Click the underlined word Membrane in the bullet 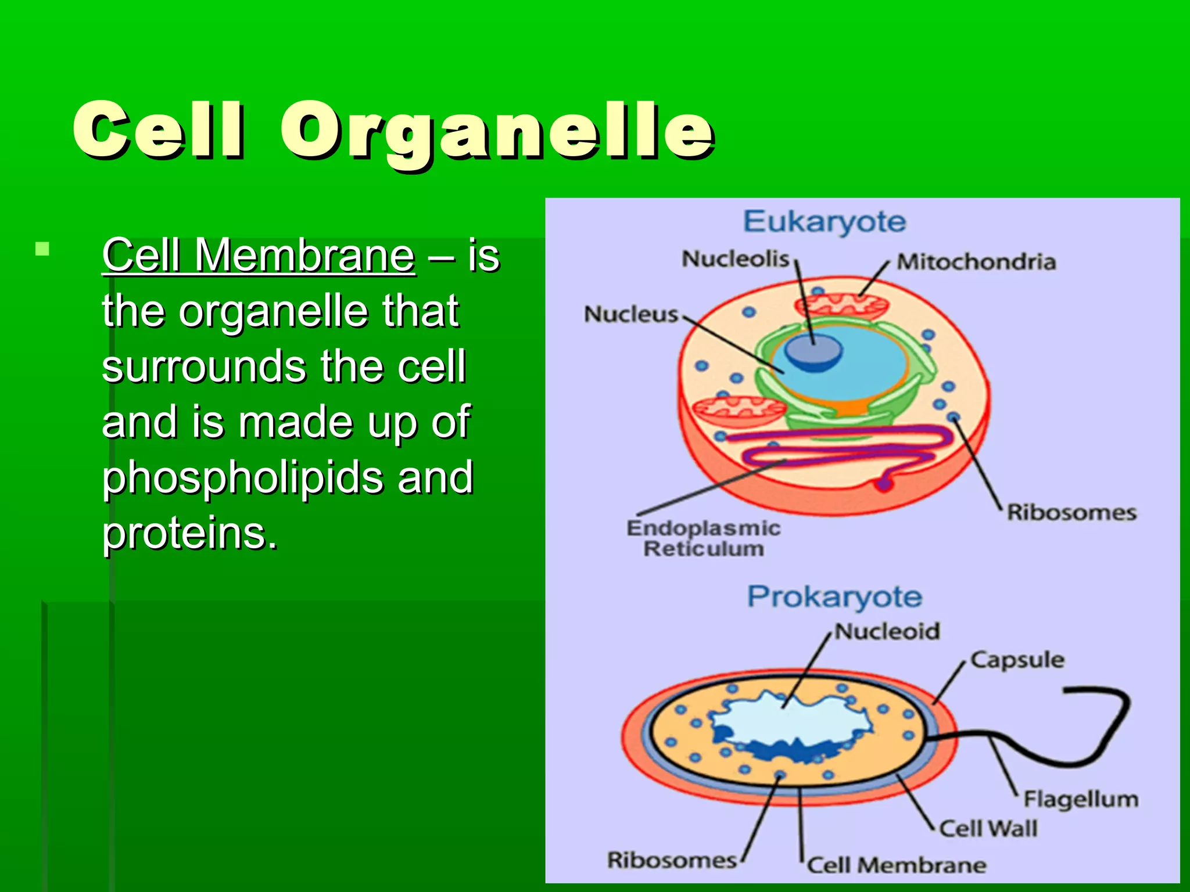[304, 256]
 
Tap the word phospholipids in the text [242, 477]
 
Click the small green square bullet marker [42, 250]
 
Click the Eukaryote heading [825, 222]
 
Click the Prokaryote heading [834, 597]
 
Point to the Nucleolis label [736, 259]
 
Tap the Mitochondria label [976, 262]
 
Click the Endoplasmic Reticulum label [704, 538]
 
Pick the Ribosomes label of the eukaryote [1071, 512]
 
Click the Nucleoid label [887, 631]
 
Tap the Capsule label [1017, 660]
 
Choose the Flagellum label [1080, 799]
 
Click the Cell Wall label [988, 828]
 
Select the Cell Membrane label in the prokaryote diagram [897, 865]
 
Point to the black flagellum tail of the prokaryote [1098, 749]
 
